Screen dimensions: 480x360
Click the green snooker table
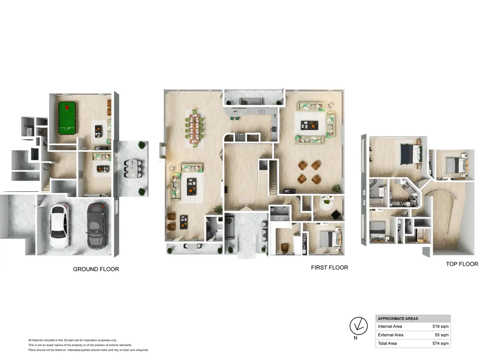(67, 118)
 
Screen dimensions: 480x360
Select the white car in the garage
(60, 226)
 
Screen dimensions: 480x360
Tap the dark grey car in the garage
(97, 226)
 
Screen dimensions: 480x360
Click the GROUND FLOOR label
(96, 269)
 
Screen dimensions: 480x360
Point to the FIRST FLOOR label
(329, 267)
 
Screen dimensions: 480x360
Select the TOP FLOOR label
(462, 264)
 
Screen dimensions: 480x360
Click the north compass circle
(358, 326)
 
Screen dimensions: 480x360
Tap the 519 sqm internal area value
(440, 326)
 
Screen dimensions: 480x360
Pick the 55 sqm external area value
(441, 335)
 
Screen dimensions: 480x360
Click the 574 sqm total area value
(440, 343)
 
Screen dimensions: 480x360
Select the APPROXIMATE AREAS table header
(398, 319)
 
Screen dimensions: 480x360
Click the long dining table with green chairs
(194, 128)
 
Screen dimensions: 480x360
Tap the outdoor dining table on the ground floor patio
(133, 168)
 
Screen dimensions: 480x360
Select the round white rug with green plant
(326, 204)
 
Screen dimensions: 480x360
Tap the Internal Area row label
(390, 326)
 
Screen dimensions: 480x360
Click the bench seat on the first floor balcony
(251, 101)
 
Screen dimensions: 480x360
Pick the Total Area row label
(387, 343)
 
